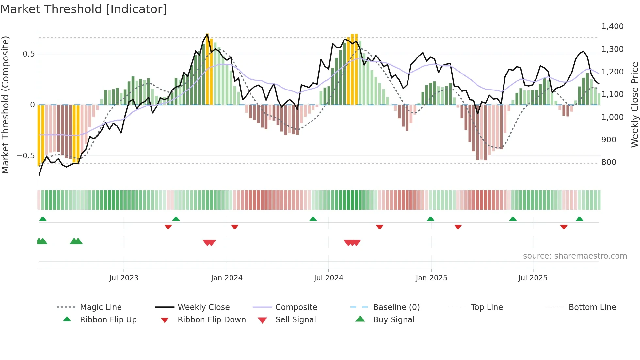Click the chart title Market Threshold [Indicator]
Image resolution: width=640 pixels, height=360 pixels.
point(84,9)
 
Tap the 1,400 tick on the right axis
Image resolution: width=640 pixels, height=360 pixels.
point(612,26)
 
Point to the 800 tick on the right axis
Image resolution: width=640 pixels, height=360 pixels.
point(609,162)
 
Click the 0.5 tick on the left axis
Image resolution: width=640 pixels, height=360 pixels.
point(29,54)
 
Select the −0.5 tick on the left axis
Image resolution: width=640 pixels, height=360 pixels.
point(26,156)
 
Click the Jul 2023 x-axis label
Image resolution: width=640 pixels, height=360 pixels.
point(124,278)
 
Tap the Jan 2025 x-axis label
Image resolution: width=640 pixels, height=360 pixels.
point(431,278)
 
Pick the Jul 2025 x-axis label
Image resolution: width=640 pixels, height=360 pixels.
point(533,278)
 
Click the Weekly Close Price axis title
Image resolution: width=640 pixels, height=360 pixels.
point(634,105)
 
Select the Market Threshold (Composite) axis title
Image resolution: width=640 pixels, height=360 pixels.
point(5,105)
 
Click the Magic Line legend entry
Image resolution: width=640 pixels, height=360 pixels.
point(101,307)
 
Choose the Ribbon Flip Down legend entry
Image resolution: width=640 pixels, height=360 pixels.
point(211,320)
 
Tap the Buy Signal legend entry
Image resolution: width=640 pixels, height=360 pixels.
point(393,320)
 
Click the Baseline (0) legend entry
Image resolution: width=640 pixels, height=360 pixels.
point(396,307)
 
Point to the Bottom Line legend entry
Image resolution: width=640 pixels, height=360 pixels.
point(592,307)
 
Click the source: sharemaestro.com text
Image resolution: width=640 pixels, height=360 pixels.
point(575,256)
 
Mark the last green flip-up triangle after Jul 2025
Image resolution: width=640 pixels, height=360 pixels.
point(579,219)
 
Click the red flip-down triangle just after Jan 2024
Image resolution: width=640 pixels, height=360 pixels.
point(234,227)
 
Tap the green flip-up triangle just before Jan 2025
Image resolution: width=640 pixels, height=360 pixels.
point(430,219)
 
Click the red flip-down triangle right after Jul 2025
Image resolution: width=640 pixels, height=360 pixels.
point(564,227)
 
